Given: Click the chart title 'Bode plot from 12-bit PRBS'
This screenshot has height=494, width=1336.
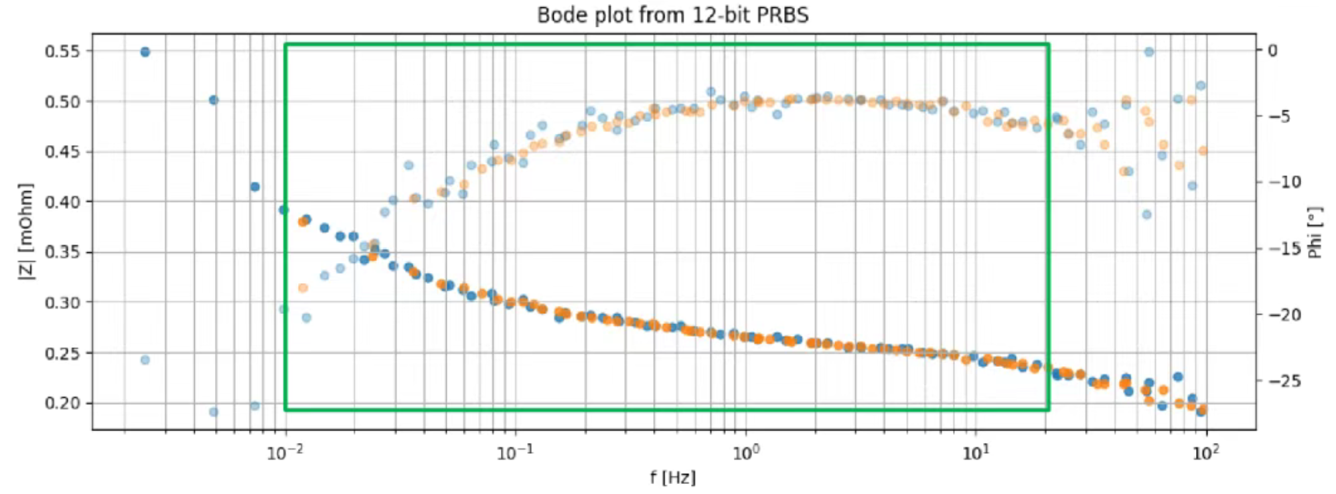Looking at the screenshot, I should click(672, 15).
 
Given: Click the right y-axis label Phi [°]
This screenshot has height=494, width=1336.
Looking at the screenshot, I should click(1315, 232).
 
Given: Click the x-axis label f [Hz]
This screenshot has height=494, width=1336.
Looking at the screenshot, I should click(672, 477).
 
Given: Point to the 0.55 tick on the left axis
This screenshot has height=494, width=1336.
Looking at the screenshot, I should click(62, 52).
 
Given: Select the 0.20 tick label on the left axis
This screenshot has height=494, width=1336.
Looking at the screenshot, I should click(62, 403).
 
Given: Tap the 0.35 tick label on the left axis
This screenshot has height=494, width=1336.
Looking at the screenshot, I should click(62, 252).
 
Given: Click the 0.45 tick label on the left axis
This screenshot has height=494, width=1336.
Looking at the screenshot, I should click(62, 152).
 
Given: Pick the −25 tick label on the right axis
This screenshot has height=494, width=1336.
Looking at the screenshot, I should click(1284, 381).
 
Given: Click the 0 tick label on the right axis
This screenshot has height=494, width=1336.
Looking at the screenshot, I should click(1272, 51).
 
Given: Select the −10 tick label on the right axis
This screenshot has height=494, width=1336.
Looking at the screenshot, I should click(1284, 182).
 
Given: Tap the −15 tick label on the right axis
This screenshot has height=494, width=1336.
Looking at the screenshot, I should click(1284, 249).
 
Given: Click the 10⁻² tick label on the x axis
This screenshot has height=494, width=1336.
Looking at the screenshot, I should click(285, 453).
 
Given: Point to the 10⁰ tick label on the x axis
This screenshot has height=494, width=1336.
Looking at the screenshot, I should click(745, 453).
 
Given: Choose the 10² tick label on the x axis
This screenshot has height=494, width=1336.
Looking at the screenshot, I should click(1205, 453).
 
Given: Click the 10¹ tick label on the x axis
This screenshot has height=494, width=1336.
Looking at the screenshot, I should click(975, 453).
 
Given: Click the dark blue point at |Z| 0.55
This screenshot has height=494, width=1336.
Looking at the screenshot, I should click(145, 52).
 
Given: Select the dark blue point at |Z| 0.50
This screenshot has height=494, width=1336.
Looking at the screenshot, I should click(214, 100).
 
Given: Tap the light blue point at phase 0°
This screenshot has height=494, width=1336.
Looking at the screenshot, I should click(1148, 52).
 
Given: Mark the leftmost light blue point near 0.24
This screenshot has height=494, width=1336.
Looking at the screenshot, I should click(145, 359).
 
